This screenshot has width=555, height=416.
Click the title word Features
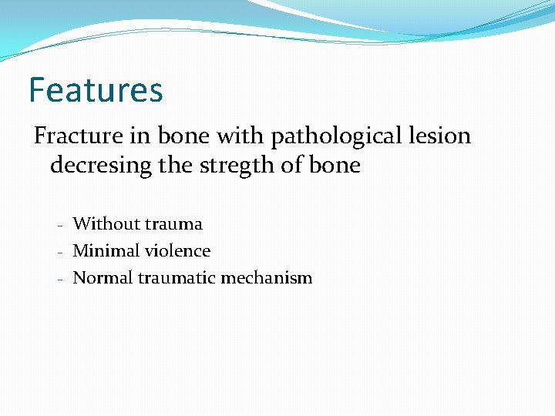coord(96,89)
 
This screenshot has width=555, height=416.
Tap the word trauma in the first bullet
coord(173,224)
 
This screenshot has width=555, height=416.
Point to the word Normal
coord(103,278)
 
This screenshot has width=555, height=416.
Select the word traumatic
coord(177,278)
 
